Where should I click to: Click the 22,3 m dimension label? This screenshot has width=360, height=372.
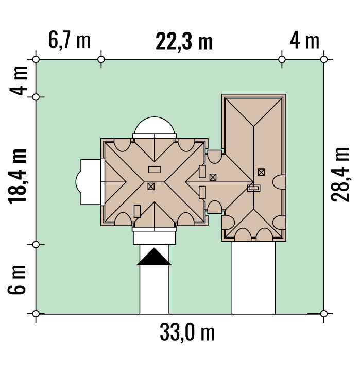184,42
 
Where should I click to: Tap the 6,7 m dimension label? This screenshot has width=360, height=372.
69,40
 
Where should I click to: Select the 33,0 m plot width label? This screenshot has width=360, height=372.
187,332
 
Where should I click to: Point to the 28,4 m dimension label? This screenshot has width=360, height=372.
340,175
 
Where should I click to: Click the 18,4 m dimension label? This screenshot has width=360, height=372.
18,177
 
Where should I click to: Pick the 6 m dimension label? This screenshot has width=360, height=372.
16,280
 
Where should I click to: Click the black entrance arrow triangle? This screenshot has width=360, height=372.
154,257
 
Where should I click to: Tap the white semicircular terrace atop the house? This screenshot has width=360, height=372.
155,126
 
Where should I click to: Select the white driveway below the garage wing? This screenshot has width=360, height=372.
253,278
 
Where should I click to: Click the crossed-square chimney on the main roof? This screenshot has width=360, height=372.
151,186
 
